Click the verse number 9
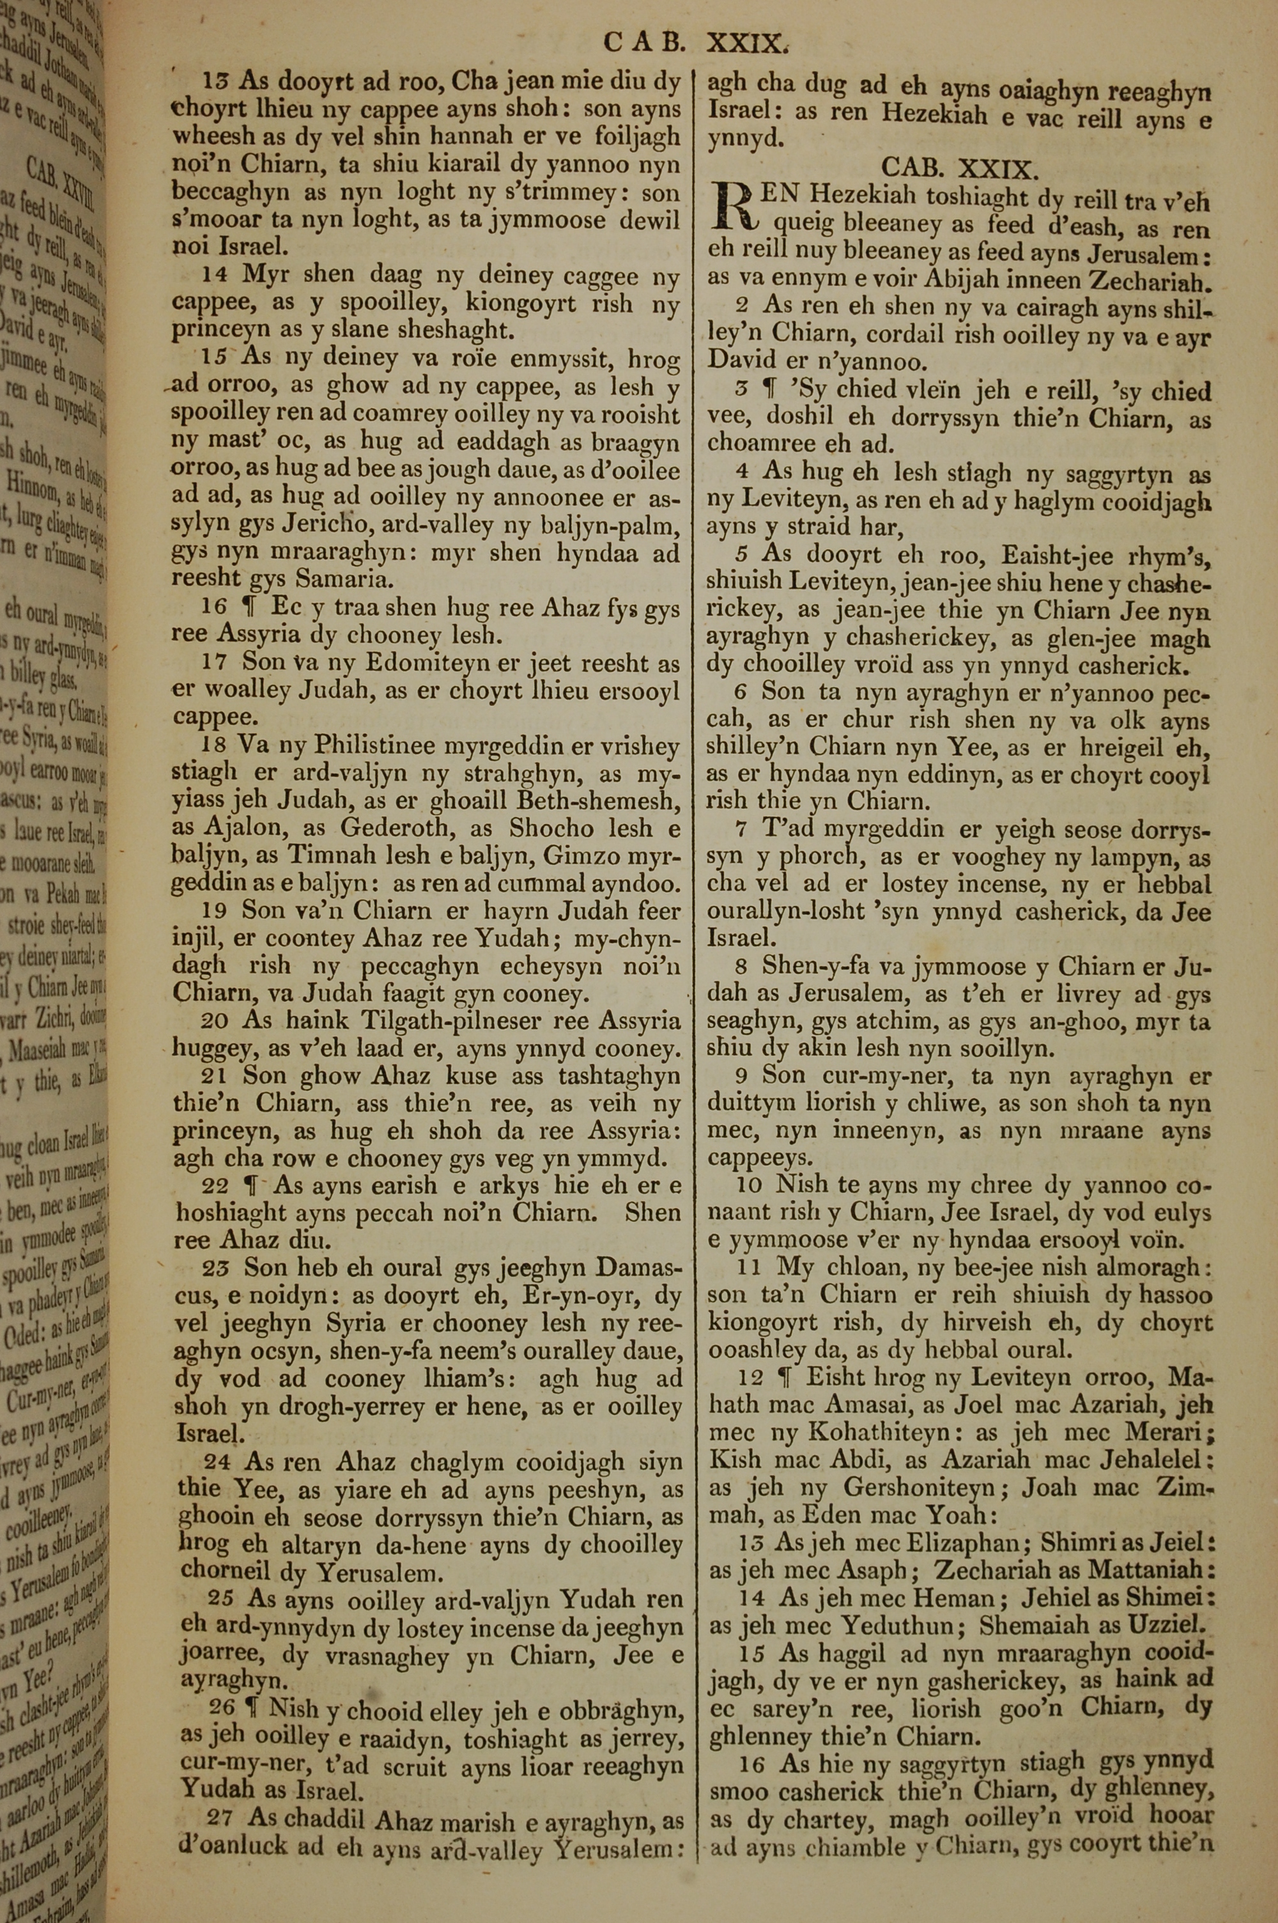742,1075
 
